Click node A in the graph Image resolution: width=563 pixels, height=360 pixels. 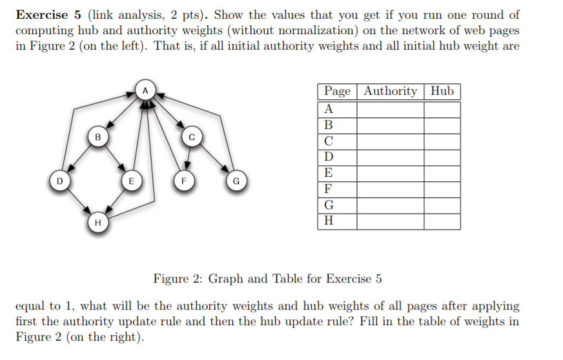pyautogui.click(x=145, y=91)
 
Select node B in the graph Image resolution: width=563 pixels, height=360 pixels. pyautogui.click(x=97, y=136)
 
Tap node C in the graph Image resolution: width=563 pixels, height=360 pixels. pyautogui.click(x=191, y=136)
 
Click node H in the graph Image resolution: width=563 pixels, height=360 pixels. pyautogui.click(x=97, y=223)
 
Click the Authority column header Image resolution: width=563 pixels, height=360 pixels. pyautogui.click(x=390, y=91)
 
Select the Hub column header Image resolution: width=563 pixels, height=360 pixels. pyautogui.click(x=442, y=91)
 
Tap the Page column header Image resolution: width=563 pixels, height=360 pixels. pyautogui.click(x=337, y=91)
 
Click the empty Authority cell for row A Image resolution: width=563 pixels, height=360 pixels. pyautogui.click(x=390, y=109)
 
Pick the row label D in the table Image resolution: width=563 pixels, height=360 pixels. pyautogui.click(x=329, y=157)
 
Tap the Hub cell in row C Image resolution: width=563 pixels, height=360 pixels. pyautogui.click(x=442, y=141)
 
